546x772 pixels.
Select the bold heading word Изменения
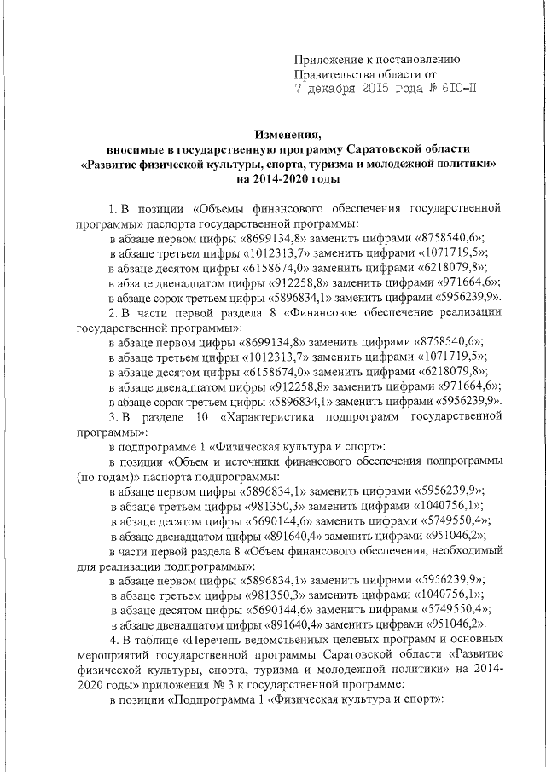(x=288, y=134)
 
